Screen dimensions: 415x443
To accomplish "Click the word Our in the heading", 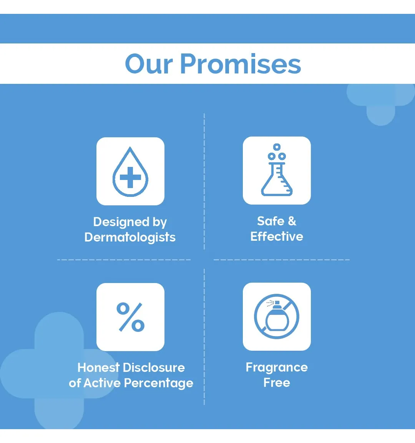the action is (148, 64).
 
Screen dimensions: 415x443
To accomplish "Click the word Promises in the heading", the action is (241, 64).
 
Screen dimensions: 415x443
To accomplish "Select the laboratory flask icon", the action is (277, 170).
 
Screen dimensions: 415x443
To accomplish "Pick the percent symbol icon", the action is (130, 317).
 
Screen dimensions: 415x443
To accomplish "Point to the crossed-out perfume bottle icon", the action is (277, 316).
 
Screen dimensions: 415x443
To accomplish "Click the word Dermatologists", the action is (130, 237).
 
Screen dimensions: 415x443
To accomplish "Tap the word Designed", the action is (121, 222).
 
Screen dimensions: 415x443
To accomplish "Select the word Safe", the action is (271, 221).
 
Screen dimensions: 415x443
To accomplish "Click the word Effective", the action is (277, 236).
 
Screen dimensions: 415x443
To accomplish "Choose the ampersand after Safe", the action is (292, 221).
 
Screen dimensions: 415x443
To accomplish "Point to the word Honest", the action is (98, 368).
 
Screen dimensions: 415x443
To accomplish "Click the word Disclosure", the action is (154, 368).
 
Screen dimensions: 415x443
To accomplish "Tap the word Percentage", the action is (159, 383).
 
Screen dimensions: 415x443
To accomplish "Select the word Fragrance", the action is (277, 368).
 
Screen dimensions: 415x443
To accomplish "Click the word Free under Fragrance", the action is (277, 383).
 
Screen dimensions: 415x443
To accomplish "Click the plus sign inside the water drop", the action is (130, 177).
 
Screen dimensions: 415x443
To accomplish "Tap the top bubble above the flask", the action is (277, 147).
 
